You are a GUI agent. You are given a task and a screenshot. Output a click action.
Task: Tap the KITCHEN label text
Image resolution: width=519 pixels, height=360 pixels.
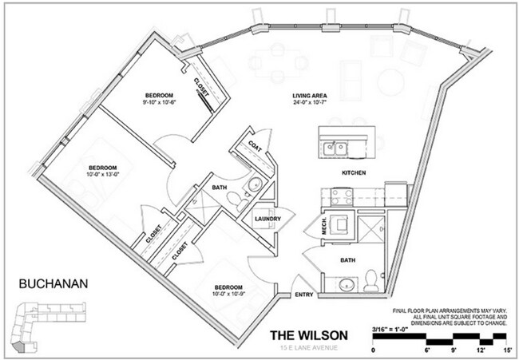354,172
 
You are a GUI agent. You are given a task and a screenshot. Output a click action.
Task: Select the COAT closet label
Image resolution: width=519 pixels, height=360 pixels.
256,146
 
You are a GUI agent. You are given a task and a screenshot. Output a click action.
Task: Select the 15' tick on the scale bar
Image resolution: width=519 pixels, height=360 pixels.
506,350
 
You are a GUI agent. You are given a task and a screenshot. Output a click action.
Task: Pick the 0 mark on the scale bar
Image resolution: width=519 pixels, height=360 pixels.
374,350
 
